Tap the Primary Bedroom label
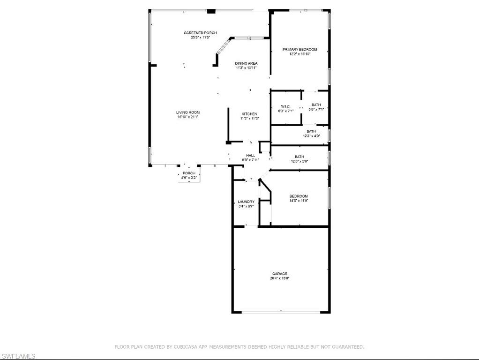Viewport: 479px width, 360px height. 299,49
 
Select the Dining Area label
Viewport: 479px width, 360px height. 246,63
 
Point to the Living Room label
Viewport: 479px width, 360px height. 188,112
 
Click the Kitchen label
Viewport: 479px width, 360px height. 249,114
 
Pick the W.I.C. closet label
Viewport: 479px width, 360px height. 286,106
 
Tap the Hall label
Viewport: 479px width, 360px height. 251,156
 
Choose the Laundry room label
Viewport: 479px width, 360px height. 246,202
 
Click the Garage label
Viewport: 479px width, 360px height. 280,274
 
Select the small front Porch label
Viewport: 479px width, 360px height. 189,173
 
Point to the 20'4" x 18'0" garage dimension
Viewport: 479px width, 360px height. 280,278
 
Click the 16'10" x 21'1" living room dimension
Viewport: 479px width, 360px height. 188,117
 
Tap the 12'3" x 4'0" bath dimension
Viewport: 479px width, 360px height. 311,136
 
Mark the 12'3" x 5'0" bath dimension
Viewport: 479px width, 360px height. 299,161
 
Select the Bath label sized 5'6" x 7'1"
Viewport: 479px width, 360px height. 316,105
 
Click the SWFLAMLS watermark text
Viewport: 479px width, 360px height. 18,357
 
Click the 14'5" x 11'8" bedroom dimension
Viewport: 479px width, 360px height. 299,201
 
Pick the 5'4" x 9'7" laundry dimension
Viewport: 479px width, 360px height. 246,206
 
